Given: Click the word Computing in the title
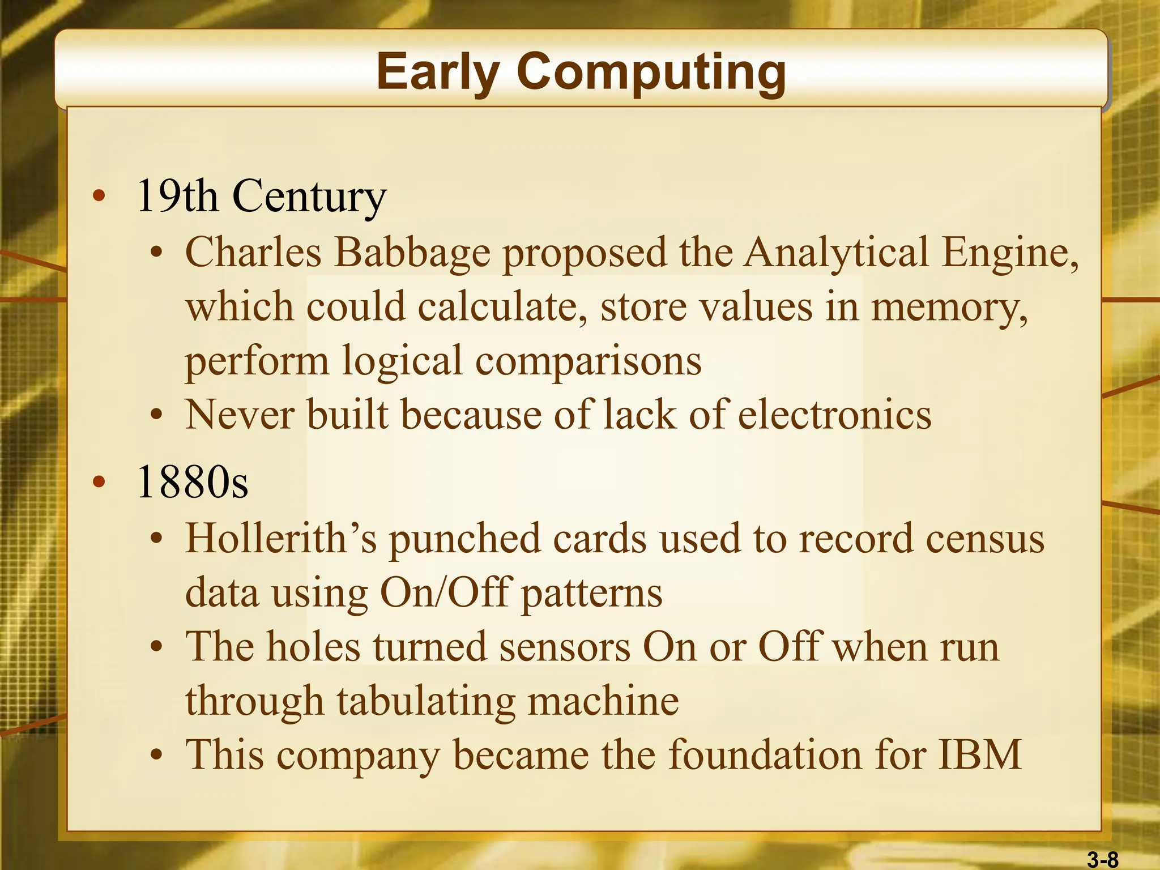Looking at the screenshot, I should coord(651,72).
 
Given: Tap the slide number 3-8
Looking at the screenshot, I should coord(1102,860).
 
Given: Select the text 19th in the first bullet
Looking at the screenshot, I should coord(177,196).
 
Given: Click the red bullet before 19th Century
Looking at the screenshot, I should coord(99,197).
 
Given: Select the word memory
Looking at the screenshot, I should coord(949,308).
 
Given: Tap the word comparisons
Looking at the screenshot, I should coord(588,361).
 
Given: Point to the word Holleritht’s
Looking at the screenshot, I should coord(281,538).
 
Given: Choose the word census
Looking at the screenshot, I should coord(984,538).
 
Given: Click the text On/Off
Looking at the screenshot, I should coord(445,592).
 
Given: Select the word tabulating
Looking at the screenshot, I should coord(426,701).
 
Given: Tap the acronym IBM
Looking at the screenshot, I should coord(980,755).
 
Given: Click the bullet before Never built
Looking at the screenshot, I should coord(157,416).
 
